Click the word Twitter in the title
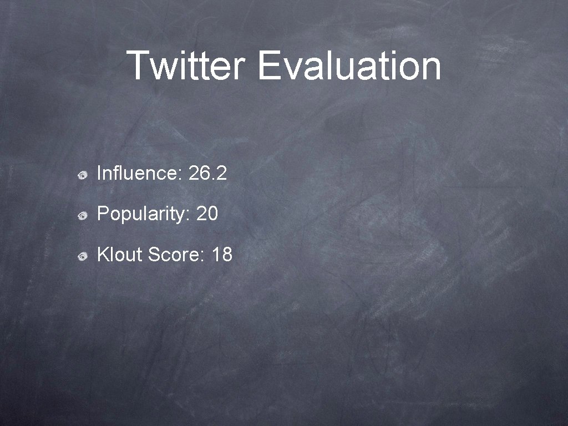(186, 65)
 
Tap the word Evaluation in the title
(349, 65)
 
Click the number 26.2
(207, 174)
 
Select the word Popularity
(144, 215)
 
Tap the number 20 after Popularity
(207, 215)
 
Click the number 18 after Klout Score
(222, 255)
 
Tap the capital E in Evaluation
(268, 65)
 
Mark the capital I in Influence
(99, 174)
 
